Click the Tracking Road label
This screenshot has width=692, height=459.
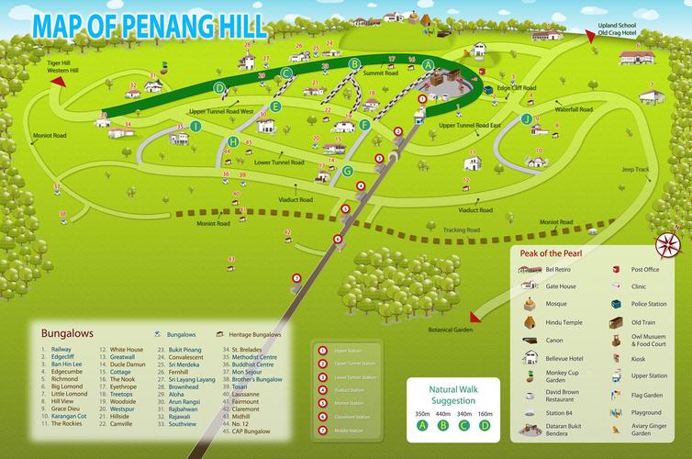(461, 229)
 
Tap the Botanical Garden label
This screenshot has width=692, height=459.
(451, 330)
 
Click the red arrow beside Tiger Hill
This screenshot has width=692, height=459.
(59, 81)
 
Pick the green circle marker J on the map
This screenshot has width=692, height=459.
(526, 118)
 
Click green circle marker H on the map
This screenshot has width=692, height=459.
(234, 141)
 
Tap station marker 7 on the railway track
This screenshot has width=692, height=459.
(296, 277)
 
